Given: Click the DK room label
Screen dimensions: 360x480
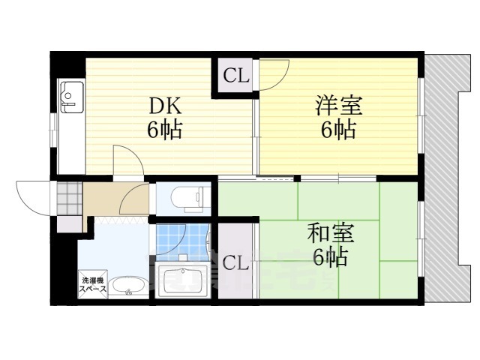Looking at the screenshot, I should click(163, 106).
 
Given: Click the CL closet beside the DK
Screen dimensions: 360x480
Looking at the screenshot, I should click(235, 76).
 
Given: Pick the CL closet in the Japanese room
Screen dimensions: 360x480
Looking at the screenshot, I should click(235, 263).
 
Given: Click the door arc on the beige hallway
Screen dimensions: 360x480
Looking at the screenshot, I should click(133, 199).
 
